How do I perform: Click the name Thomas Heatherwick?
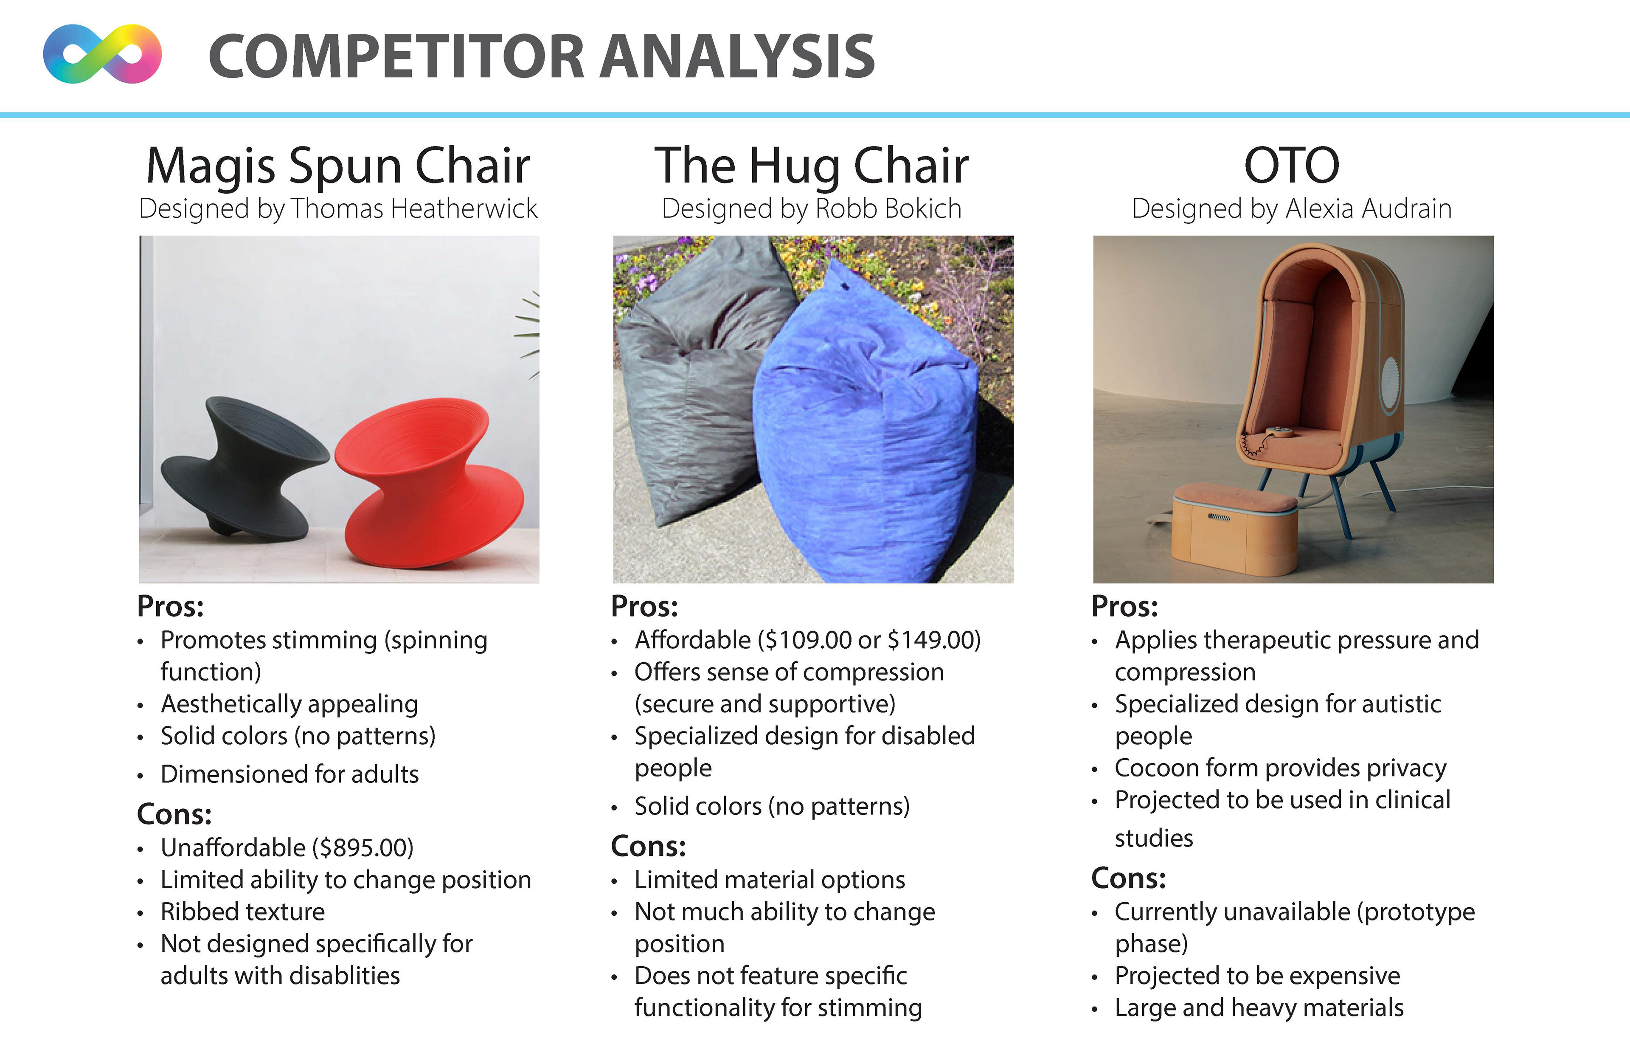(414, 208)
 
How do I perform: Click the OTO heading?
(1292, 165)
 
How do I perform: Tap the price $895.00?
(363, 847)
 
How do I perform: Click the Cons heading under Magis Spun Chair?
(174, 814)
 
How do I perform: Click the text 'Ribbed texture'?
(242, 912)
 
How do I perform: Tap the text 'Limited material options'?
(770, 880)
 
